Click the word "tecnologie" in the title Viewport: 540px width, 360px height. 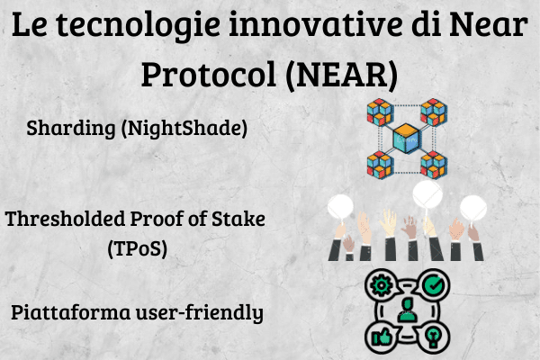click(138, 25)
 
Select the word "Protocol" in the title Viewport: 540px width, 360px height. click(209, 75)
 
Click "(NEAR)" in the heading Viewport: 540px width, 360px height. click(342, 75)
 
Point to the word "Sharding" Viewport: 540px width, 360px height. click(71, 129)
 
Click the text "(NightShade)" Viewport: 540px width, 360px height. click(184, 128)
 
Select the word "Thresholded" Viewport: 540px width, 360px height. click(65, 219)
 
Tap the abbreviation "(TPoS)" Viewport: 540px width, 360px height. click(138, 248)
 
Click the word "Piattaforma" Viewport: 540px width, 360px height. click(71, 312)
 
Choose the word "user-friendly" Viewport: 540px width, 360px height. click(200, 313)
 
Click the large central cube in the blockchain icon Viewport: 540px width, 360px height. click(407, 139)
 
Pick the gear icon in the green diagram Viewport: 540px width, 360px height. click(381, 285)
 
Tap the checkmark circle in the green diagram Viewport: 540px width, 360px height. click(434, 285)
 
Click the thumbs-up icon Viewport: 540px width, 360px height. click(381, 337)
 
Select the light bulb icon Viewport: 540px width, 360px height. click(433, 337)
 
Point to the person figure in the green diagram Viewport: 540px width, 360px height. click(408, 310)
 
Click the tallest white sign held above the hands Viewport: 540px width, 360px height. click(427, 194)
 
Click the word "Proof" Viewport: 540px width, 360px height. click(157, 219)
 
